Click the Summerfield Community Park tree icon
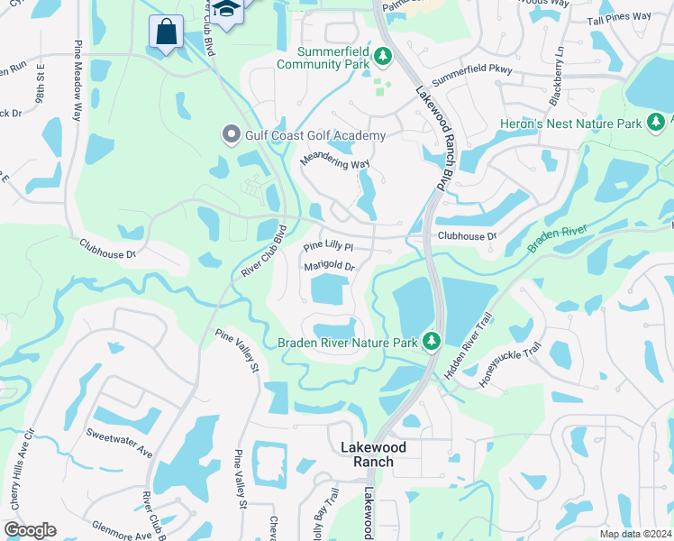383,57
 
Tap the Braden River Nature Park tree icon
432,341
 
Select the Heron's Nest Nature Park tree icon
656,122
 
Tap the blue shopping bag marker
167,32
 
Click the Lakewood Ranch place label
373,454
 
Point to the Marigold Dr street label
330,267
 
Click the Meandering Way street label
335,162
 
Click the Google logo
30,529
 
